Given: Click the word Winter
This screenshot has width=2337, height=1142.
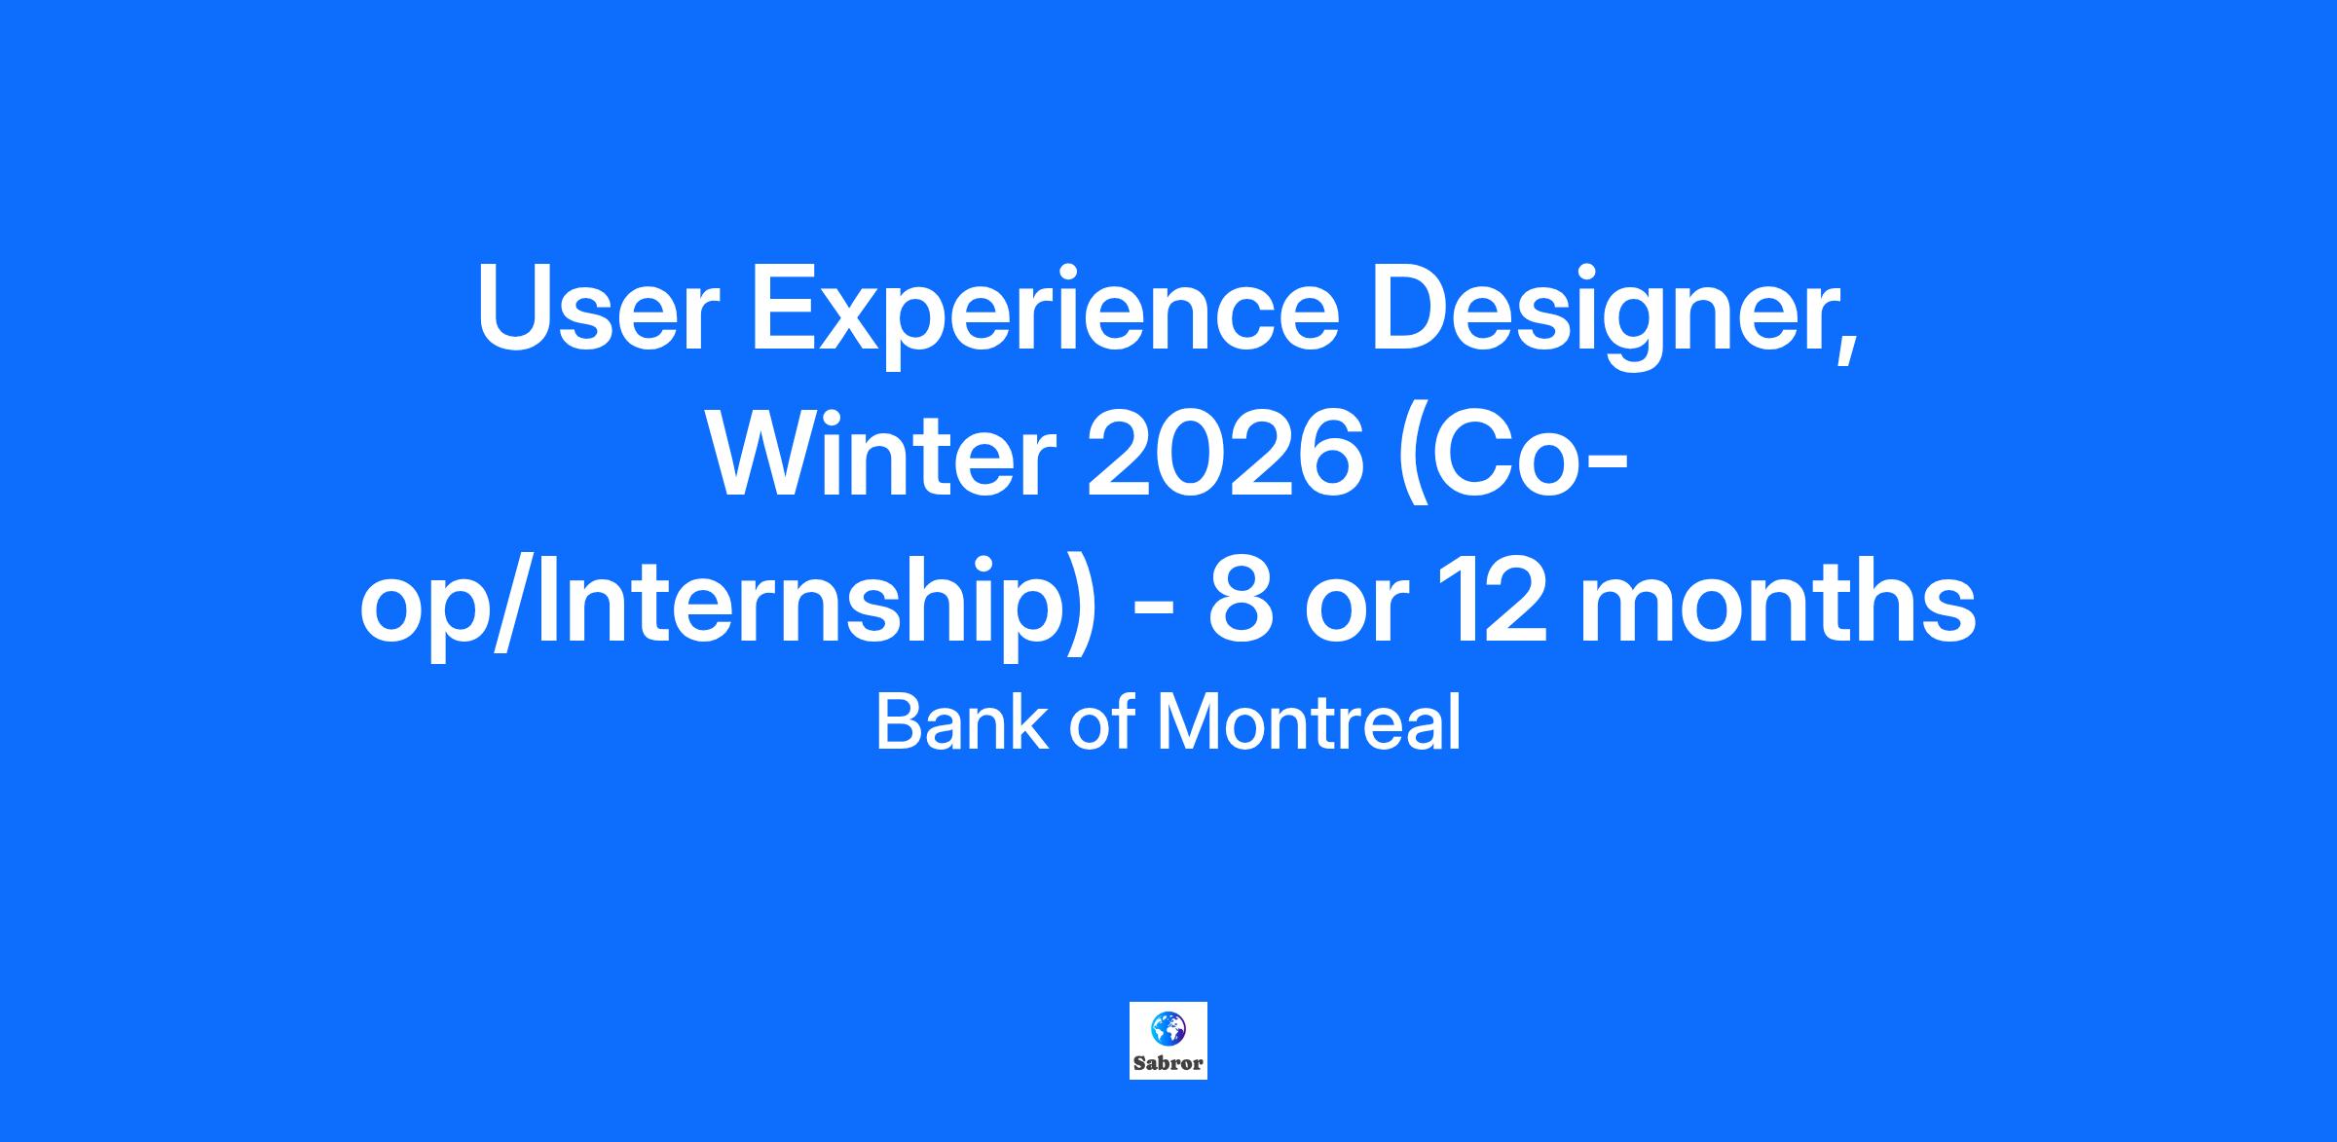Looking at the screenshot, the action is tap(882, 454).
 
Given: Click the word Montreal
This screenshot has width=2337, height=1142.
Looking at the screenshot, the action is tap(1308, 722).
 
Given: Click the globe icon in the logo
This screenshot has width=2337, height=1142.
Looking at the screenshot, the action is tap(1168, 1028).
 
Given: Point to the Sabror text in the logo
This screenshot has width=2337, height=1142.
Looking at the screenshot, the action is tap(1168, 1063).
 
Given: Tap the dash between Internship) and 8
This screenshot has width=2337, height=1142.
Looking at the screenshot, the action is tap(1152, 613).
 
